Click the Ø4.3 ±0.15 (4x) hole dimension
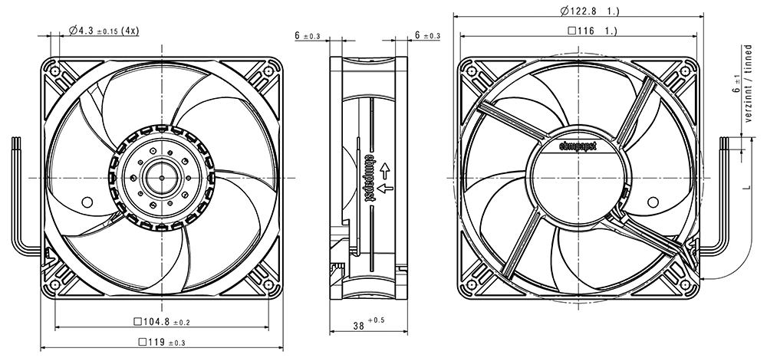click(104, 31)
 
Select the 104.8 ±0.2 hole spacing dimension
click(161, 322)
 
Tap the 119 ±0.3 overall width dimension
click(161, 343)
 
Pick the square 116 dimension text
click(592, 31)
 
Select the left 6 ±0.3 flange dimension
click(308, 36)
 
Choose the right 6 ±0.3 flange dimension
click(427, 35)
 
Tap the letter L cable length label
click(746, 186)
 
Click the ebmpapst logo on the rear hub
click(578, 145)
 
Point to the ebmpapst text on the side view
click(370, 178)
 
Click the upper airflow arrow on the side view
click(386, 170)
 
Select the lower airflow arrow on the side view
click(386, 188)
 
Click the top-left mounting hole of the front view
click(54, 72)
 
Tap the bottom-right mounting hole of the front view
click(268, 284)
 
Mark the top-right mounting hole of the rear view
click(685, 72)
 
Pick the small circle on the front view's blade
click(87, 202)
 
